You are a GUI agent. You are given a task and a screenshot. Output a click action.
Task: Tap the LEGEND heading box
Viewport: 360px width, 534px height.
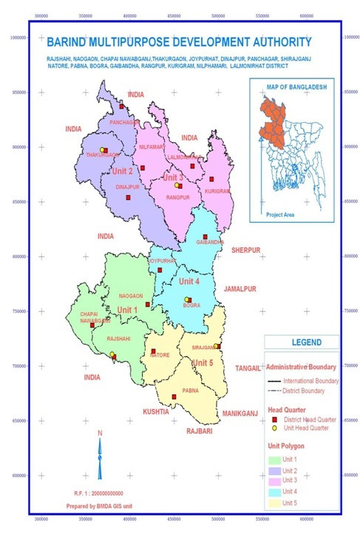[x=302, y=342]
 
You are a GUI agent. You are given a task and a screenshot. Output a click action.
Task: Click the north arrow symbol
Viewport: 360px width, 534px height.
[x=100, y=459]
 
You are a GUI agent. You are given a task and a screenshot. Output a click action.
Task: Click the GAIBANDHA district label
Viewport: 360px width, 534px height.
[x=210, y=243]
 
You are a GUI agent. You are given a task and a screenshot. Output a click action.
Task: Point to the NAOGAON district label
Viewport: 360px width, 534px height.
[x=129, y=295]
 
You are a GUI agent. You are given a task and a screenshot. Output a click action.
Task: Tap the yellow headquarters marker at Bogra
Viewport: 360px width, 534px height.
[x=187, y=300]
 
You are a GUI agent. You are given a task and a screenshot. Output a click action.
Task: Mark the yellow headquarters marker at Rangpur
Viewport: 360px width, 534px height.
[x=177, y=186]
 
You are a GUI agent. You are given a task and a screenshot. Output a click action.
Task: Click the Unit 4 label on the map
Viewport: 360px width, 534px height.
[x=189, y=281]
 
